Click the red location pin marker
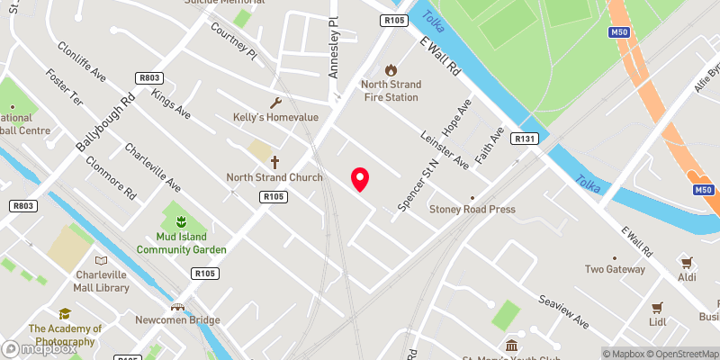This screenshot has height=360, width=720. [360, 179]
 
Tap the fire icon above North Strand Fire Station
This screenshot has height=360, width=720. [391, 69]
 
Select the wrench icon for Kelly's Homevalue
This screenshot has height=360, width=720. [275, 103]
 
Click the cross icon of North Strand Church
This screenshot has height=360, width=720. [275, 160]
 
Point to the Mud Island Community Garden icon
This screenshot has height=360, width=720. [180, 220]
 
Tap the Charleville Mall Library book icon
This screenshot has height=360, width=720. [100, 260]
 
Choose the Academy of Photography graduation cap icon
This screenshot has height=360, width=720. [65, 313]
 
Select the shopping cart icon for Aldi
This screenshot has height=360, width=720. [687, 262]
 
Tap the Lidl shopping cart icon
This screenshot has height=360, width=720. [657, 306]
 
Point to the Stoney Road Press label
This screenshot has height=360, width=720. [472, 209]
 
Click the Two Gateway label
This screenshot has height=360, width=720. [615, 269]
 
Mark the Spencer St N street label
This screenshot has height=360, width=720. [429, 180]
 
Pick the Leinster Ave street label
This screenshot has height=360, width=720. [445, 149]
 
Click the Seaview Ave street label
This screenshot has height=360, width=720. [564, 310]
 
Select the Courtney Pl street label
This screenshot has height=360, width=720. [234, 42]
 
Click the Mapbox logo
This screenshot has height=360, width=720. [40, 347]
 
